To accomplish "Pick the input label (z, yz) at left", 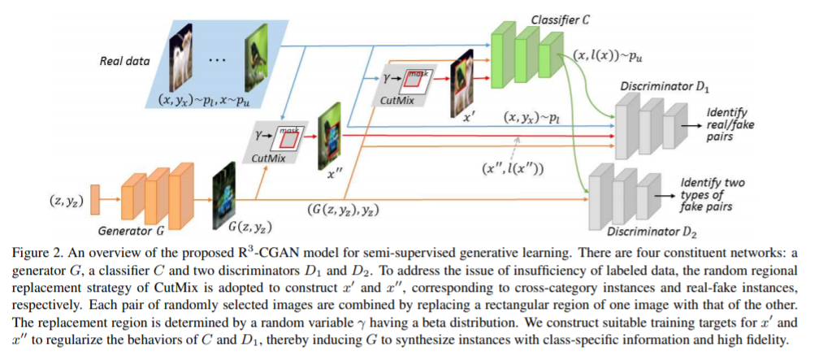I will [58, 196].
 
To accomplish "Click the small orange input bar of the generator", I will [95, 196].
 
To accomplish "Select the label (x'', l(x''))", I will [514, 168].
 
